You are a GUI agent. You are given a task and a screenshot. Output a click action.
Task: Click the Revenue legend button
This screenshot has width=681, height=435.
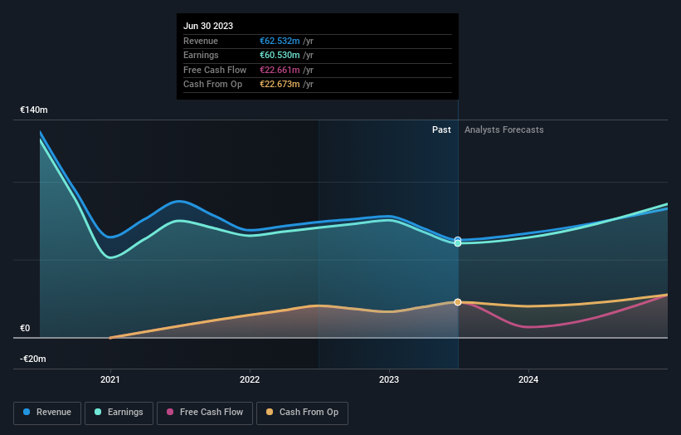point(48,413)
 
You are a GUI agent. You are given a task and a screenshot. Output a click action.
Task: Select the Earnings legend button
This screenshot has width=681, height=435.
point(119,413)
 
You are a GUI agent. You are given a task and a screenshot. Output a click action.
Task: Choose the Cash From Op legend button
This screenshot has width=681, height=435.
point(304,413)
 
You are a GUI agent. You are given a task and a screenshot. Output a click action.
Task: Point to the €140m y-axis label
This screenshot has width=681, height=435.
point(34,110)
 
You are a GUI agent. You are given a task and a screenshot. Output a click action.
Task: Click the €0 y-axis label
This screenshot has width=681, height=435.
point(25,328)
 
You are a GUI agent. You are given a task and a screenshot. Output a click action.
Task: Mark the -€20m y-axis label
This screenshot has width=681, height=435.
point(34,359)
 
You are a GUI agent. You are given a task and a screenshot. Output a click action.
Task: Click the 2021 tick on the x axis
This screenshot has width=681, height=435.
point(110,380)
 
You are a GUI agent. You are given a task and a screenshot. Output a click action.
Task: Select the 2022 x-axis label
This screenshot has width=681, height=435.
point(250,380)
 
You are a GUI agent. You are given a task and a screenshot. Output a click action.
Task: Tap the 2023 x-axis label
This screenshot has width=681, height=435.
point(389,380)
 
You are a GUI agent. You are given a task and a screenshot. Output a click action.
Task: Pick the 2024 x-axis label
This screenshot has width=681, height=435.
point(528,380)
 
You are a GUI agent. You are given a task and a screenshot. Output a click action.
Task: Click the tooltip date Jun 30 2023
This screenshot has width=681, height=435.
point(208,26)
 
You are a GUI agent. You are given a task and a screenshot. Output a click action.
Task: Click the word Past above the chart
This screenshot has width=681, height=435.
point(441,130)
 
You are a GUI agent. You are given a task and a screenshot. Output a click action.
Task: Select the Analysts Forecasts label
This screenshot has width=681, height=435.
point(504,130)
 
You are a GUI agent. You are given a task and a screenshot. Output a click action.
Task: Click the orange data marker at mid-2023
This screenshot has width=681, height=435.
point(458,302)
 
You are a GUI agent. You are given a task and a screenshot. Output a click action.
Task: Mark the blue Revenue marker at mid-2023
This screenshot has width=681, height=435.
point(458,240)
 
